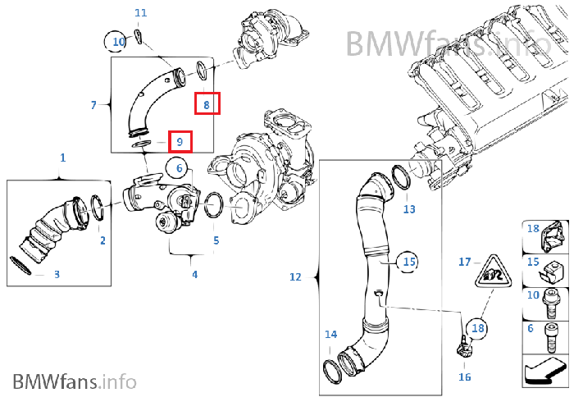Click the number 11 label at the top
pos(141,13)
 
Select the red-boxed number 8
pos(207,104)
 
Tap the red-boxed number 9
pos(180,141)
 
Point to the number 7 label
pos(93,105)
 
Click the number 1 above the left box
pos(62,157)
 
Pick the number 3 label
pos(57,274)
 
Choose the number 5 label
pos(216,240)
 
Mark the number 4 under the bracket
pos(194,274)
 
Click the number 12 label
pos(295,277)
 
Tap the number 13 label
pos(410,209)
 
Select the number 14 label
pos(330,334)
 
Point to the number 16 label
pos(465,377)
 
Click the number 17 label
pos(465,263)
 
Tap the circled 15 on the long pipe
pos(408,263)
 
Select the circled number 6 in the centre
pos(176,168)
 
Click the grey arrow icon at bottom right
pos(543,374)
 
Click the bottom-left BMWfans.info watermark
pos(75,381)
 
